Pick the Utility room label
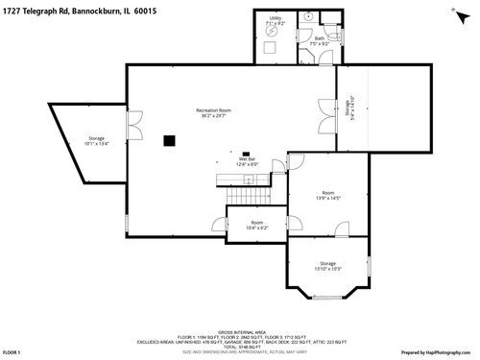[x=276, y=21]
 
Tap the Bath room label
[x=319, y=41]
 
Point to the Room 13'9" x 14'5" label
[x=328, y=195]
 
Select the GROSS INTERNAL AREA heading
[x=239, y=327]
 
